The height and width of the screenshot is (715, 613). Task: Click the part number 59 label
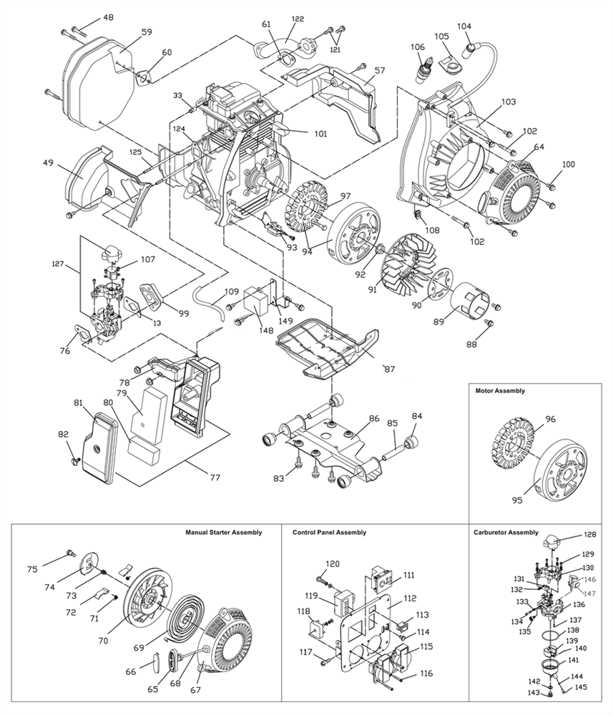point(147,32)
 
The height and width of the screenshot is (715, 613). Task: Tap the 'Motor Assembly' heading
point(500,391)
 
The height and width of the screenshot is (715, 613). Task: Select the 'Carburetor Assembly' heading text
point(506,533)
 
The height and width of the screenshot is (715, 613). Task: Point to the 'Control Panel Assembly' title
point(329,533)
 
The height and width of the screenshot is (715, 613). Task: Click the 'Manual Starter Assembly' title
point(223,533)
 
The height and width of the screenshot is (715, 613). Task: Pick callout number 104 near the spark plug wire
point(464,26)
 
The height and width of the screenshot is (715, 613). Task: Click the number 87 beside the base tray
point(388,369)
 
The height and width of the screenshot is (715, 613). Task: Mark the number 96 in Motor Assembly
point(549,420)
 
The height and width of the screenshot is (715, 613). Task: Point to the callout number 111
point(408,575)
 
